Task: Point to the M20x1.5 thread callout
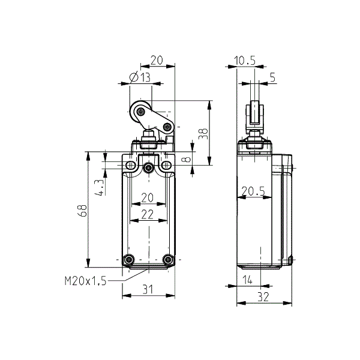85,280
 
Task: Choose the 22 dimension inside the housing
148,214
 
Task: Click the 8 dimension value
186,160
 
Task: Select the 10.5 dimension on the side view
245,59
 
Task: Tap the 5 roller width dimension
273,76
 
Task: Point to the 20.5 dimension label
253,191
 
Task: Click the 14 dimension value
247,280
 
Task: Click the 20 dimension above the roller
157,59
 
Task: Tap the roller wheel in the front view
140,112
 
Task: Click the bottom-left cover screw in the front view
128,260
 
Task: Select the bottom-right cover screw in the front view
168,260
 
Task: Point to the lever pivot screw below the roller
167,126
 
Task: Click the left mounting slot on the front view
130,165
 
